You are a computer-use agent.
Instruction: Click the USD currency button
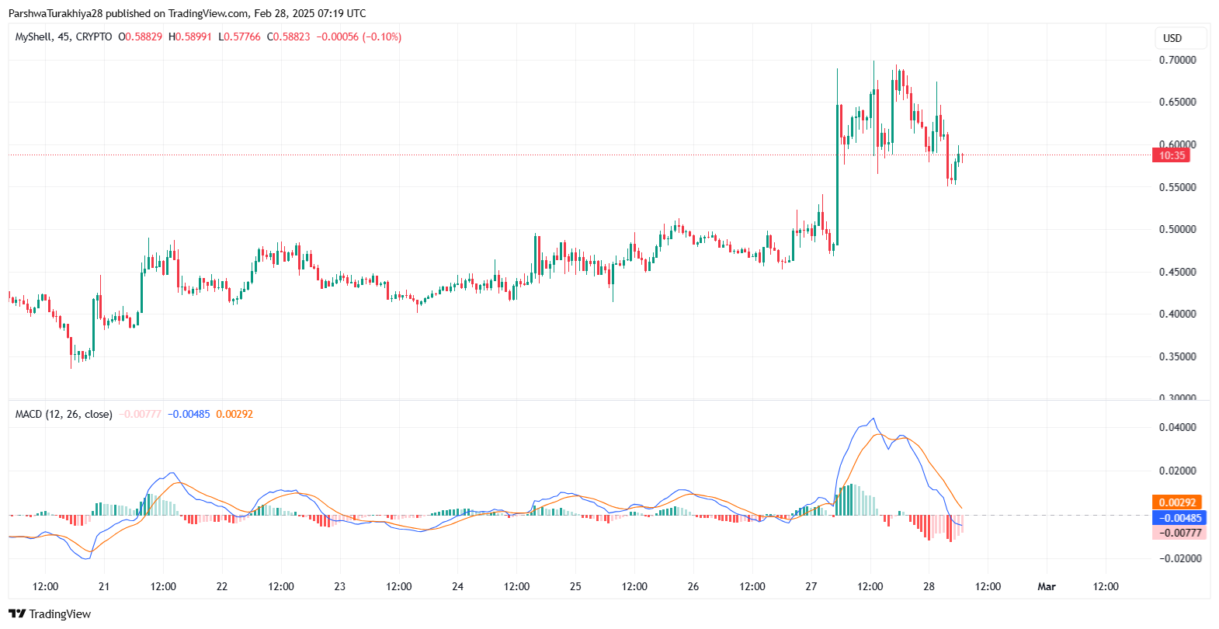(x=1172, y=38)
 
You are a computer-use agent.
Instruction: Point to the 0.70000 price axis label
(x=1177, y=60)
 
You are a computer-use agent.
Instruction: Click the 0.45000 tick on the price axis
(x=1177, y=272)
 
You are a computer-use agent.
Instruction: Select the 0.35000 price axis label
(x=1177, y=356)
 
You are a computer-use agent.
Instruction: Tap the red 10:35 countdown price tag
(x=1172, y=155)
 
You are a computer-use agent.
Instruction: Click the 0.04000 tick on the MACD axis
(x=1177, y=427)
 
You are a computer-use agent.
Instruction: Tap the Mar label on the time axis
(x=1047, y=586)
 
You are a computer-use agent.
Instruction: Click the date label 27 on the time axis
(x=811, y=586)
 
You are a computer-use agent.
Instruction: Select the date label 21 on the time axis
(x=104, y=586)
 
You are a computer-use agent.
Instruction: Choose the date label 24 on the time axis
(x=457, y=586)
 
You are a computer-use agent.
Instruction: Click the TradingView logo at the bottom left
(x=50, y=614)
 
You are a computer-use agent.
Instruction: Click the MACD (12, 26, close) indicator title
(x=64, y=414)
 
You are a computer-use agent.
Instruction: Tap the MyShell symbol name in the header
(x=33, y=36)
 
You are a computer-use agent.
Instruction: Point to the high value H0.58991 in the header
(x=190, y=36)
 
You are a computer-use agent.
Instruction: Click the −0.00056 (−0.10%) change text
(x=359, y=36)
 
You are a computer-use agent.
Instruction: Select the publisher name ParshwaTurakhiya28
(x=55, y=13)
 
